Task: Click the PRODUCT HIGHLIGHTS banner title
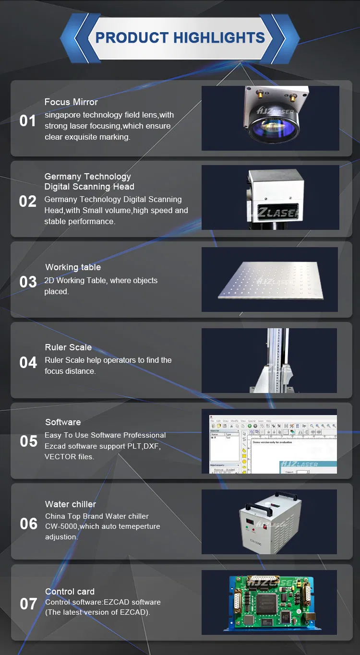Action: pos(180,38)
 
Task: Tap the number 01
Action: pos(28,121)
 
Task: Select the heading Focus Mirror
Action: pos(71,102)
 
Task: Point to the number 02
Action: pos(28,201)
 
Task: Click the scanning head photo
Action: pos(270,197)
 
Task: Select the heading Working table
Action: pos(73,267)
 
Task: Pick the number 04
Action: pos(28,363)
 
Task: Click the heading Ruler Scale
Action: pos(68,347)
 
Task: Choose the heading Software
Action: pos(63,422)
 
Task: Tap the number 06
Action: pos(28,524)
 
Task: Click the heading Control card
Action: pos(70,592)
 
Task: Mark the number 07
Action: pos(28,604)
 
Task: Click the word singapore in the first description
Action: pos(61,115)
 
